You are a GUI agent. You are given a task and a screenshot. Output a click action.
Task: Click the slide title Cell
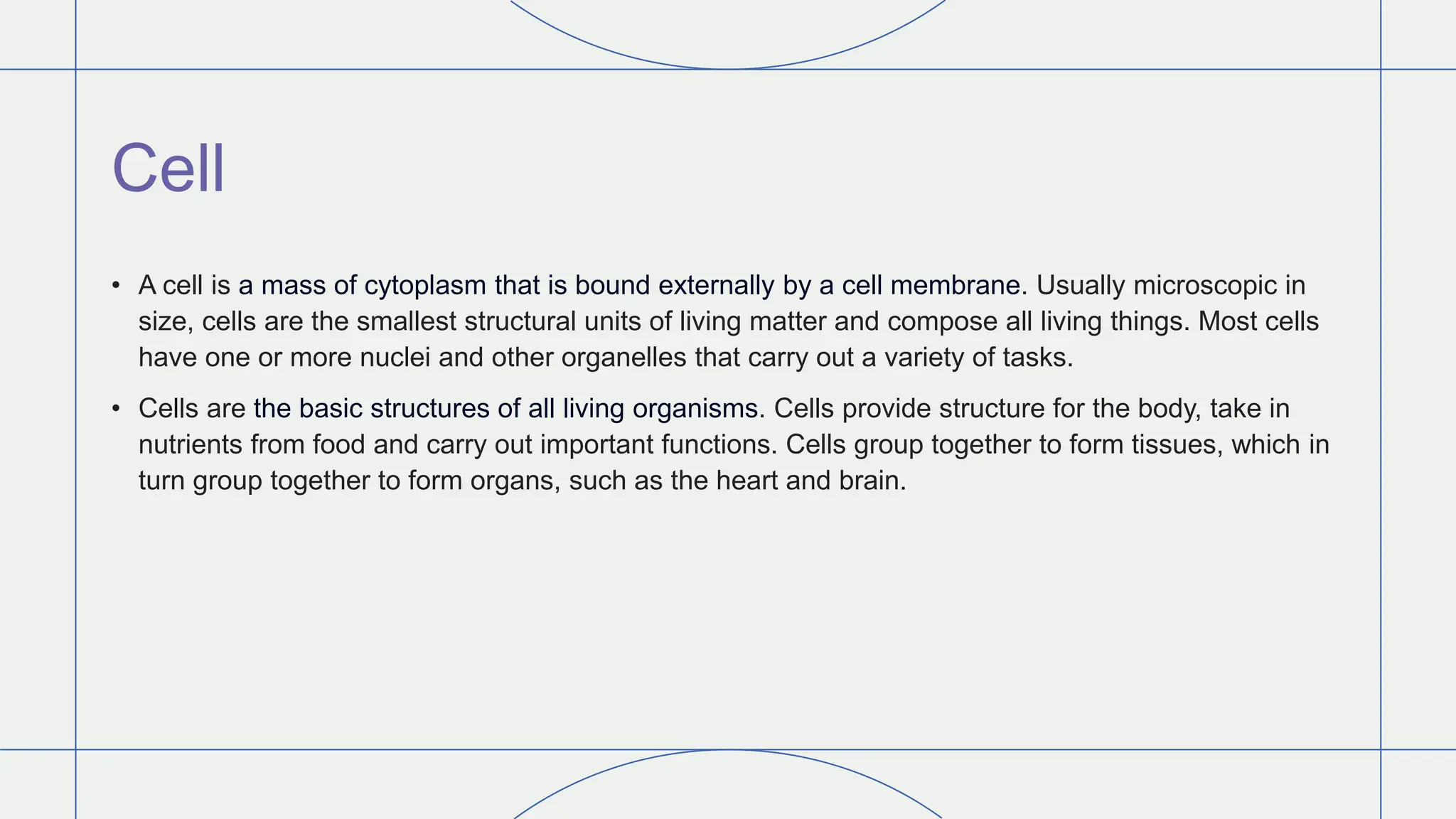[168, 168]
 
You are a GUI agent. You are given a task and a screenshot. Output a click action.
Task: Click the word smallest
[406, 321]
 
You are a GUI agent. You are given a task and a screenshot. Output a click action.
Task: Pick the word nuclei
[395, 357]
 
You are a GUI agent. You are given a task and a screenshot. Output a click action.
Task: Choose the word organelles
[623, 357]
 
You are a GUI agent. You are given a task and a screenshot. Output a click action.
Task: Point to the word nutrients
[191, 445]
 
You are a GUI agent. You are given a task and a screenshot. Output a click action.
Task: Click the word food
[339, 445]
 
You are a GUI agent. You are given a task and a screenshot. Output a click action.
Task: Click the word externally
[716, 286]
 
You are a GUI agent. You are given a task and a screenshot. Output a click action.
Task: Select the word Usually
[1080, 286]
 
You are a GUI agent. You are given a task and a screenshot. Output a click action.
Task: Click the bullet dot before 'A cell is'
[116, 286]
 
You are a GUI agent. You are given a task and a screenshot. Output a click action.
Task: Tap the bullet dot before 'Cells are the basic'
[116, 409]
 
